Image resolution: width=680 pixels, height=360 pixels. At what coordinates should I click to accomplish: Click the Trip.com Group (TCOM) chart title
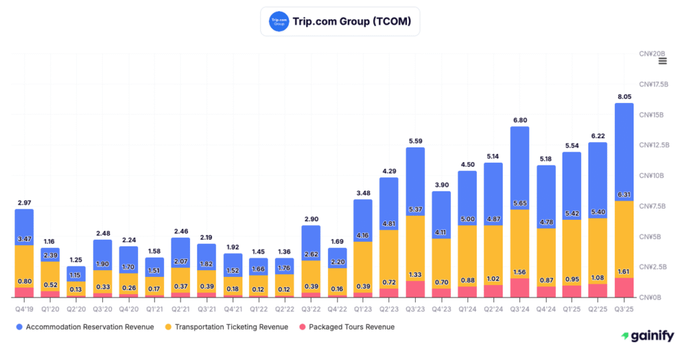(x=352, y=21)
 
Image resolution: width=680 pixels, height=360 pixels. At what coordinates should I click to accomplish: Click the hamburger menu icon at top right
(x=662, y=61)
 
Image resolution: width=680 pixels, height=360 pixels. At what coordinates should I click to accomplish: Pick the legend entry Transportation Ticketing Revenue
(x=226, y=327)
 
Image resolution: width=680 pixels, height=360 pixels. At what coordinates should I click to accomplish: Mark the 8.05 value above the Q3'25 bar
(x=624, y=96)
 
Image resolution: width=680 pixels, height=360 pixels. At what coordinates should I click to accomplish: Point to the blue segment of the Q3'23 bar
(x=415, y=176)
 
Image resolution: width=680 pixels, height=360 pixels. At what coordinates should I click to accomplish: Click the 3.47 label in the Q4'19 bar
(x=24, y=237)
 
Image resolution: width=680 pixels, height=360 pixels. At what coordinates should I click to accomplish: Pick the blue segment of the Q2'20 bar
(x=76, y=272)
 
